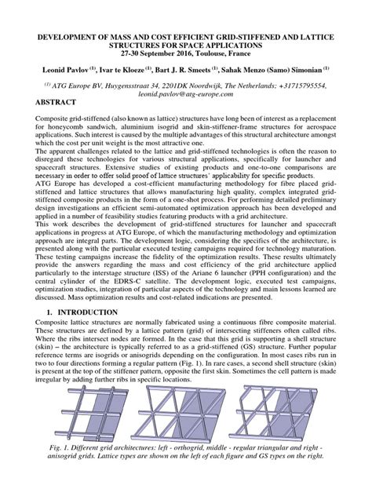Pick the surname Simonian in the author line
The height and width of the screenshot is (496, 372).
coord(305,71)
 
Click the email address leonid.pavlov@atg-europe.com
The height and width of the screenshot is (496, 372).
coord(185,93)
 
